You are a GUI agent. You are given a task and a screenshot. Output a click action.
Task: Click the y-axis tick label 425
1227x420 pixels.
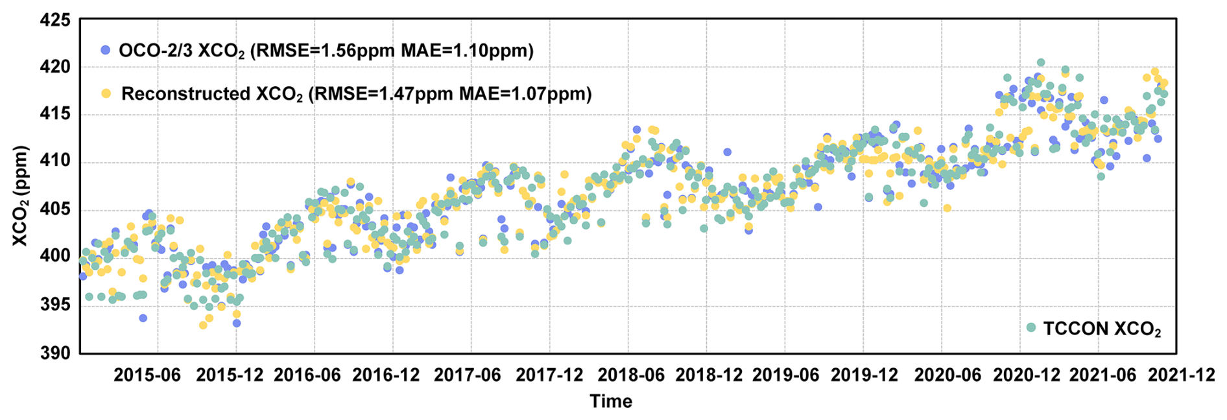coord(56,20)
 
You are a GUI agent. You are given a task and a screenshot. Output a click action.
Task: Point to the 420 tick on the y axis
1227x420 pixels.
coord(56,67)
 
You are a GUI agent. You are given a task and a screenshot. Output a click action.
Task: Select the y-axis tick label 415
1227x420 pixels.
coord(56,115)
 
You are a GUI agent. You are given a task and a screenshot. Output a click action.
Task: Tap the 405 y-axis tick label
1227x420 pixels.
coord(56,209)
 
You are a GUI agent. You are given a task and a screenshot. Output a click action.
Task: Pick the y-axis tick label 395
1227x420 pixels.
coord(56,305)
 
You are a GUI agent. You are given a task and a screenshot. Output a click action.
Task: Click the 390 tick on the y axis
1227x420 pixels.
coord(56,352)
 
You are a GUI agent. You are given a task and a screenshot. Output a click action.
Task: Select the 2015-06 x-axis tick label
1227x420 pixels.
coord(147,375)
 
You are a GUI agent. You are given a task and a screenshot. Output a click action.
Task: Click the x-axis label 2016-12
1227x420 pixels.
coord(387,375)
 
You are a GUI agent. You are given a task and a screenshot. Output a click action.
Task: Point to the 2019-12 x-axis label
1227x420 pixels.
coord(864,375)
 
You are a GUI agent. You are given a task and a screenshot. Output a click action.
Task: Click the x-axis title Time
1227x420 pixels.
coord(610,402)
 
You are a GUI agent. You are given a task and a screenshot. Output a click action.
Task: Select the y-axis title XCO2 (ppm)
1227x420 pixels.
coord(21,196)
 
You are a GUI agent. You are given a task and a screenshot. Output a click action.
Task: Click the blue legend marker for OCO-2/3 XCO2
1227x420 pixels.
coord(106,50)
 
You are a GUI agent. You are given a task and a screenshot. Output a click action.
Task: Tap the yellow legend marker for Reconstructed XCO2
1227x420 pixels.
coord(106,93)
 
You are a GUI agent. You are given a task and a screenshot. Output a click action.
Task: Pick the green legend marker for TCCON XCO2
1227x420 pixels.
coord(1031,328)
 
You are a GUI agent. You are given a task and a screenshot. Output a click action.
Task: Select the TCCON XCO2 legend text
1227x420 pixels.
coord(1102,329)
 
